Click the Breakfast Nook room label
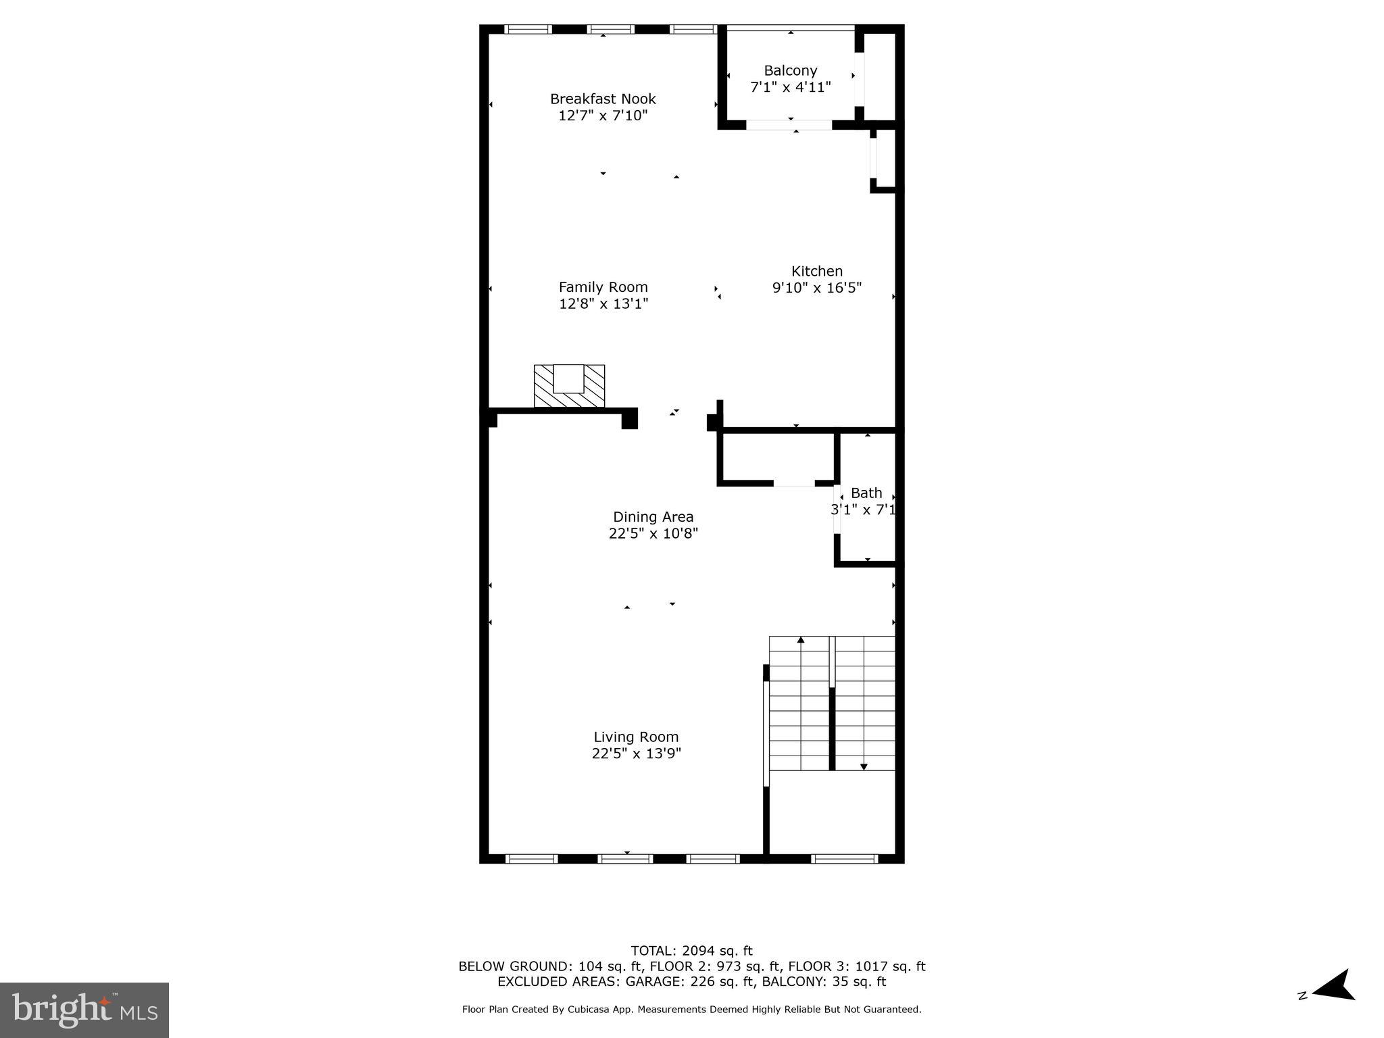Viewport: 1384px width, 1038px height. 603,99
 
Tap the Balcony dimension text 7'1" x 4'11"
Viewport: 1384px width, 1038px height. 790,87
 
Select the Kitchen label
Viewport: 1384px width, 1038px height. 816,271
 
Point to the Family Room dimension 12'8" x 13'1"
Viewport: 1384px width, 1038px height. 603,304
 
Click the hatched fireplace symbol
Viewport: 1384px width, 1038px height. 569,387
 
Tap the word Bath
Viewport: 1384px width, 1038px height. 866,493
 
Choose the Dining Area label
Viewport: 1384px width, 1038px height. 653,517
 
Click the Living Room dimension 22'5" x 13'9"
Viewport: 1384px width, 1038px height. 636,753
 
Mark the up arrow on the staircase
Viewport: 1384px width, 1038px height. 801,640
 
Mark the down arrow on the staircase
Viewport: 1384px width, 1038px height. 863,766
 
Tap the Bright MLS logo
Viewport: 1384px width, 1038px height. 84,1010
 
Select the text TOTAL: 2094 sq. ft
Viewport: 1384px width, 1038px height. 691,951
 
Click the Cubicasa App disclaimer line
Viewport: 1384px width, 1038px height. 691,1010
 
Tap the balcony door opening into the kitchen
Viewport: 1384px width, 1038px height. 789,125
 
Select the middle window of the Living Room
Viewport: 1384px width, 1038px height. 625,859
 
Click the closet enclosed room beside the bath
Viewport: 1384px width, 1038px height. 777,458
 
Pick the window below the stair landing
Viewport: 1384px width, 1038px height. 843,859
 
